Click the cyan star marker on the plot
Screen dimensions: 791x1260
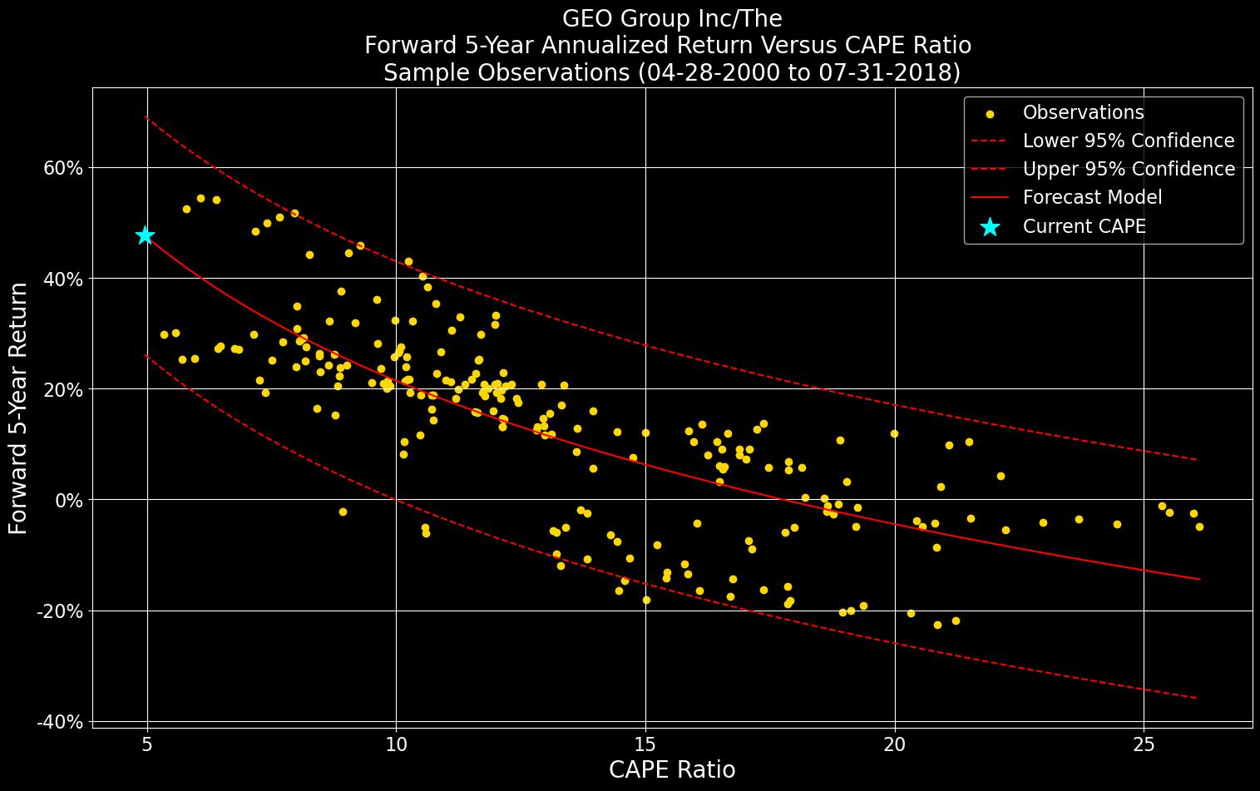coord(146,235)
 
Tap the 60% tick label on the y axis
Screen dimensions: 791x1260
coord(62,168)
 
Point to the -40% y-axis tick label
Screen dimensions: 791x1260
coord(59,722)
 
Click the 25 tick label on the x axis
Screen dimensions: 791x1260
coord(1144,742)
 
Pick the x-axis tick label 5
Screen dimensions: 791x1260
coord(147,742)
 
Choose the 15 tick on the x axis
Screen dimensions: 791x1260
coord(645,742)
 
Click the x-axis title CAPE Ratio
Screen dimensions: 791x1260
coord(672,770)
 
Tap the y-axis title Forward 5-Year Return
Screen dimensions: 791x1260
coord(19,408)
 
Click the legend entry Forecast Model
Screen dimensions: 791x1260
coord(1092,198)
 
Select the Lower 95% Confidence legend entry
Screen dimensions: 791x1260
coord(1128,141)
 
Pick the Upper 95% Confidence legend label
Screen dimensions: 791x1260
coord(1128,170)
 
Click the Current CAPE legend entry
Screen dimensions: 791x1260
coord(1084,226)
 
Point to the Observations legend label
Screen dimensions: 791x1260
coord(1083,113)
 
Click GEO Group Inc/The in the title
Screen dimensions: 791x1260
coord(672,18)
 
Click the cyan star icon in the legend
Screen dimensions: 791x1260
coord(990,226)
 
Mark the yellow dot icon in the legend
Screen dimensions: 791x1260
coord(990,113)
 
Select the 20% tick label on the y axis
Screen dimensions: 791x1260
coord(62,389)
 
